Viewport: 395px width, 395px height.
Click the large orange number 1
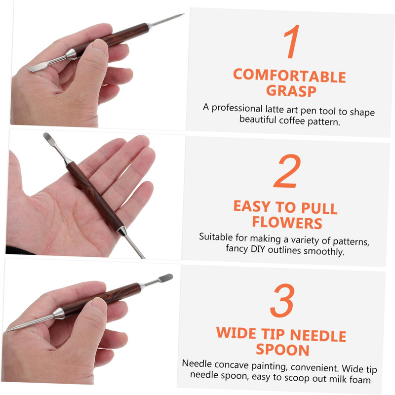pyautogui.click(x=292, y=41)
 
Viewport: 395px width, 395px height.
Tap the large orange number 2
pyautogui.click(x=287, y=171)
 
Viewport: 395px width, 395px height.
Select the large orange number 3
pyautogui.click(x=282, y=301)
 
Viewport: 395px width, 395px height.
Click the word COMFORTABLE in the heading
pyautogui.click(x=289, y=76)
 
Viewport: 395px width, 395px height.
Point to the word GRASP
pyautogui.click(x=291, y=91)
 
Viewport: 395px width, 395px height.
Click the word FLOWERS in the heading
pyautogui.click(x=287, y=223)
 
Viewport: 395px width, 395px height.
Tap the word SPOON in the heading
pyautogui.click(x=282, y=350)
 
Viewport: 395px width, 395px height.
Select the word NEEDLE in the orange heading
pyautogui.click(x=318, y=335)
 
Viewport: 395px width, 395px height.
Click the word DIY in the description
pyautogui.click(x=258, y=249)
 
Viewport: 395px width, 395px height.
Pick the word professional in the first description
pyautogui.click(x=237, y=108)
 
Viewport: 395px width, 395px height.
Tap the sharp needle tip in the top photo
pyautogui.click(x=183, y=14)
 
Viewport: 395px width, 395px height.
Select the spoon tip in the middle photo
pyautogui.click(x=48, y=137)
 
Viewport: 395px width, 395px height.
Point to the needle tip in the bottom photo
pyautogui.click(x=5, y=331)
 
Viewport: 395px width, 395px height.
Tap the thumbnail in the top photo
pyautogui.click(x=100, y=46)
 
